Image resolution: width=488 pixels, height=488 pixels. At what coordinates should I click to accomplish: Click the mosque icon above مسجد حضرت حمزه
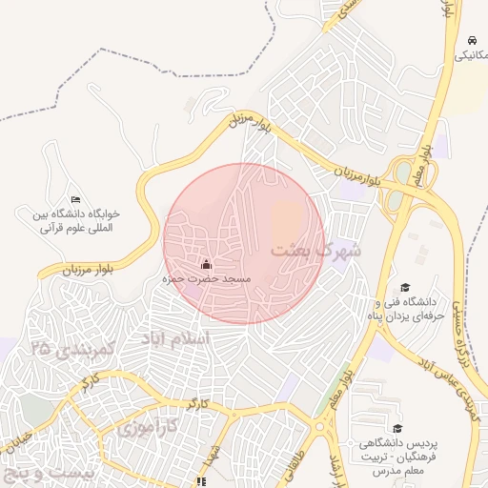207,263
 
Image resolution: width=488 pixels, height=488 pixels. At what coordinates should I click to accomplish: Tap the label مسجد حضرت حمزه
207,279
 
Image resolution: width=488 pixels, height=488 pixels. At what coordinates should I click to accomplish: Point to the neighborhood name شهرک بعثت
316,251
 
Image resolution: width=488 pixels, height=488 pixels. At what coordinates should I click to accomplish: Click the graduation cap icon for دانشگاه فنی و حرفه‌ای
405,287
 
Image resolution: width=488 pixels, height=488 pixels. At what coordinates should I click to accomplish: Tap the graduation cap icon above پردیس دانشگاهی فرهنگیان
397,428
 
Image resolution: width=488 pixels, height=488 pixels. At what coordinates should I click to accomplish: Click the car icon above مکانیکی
473,40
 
